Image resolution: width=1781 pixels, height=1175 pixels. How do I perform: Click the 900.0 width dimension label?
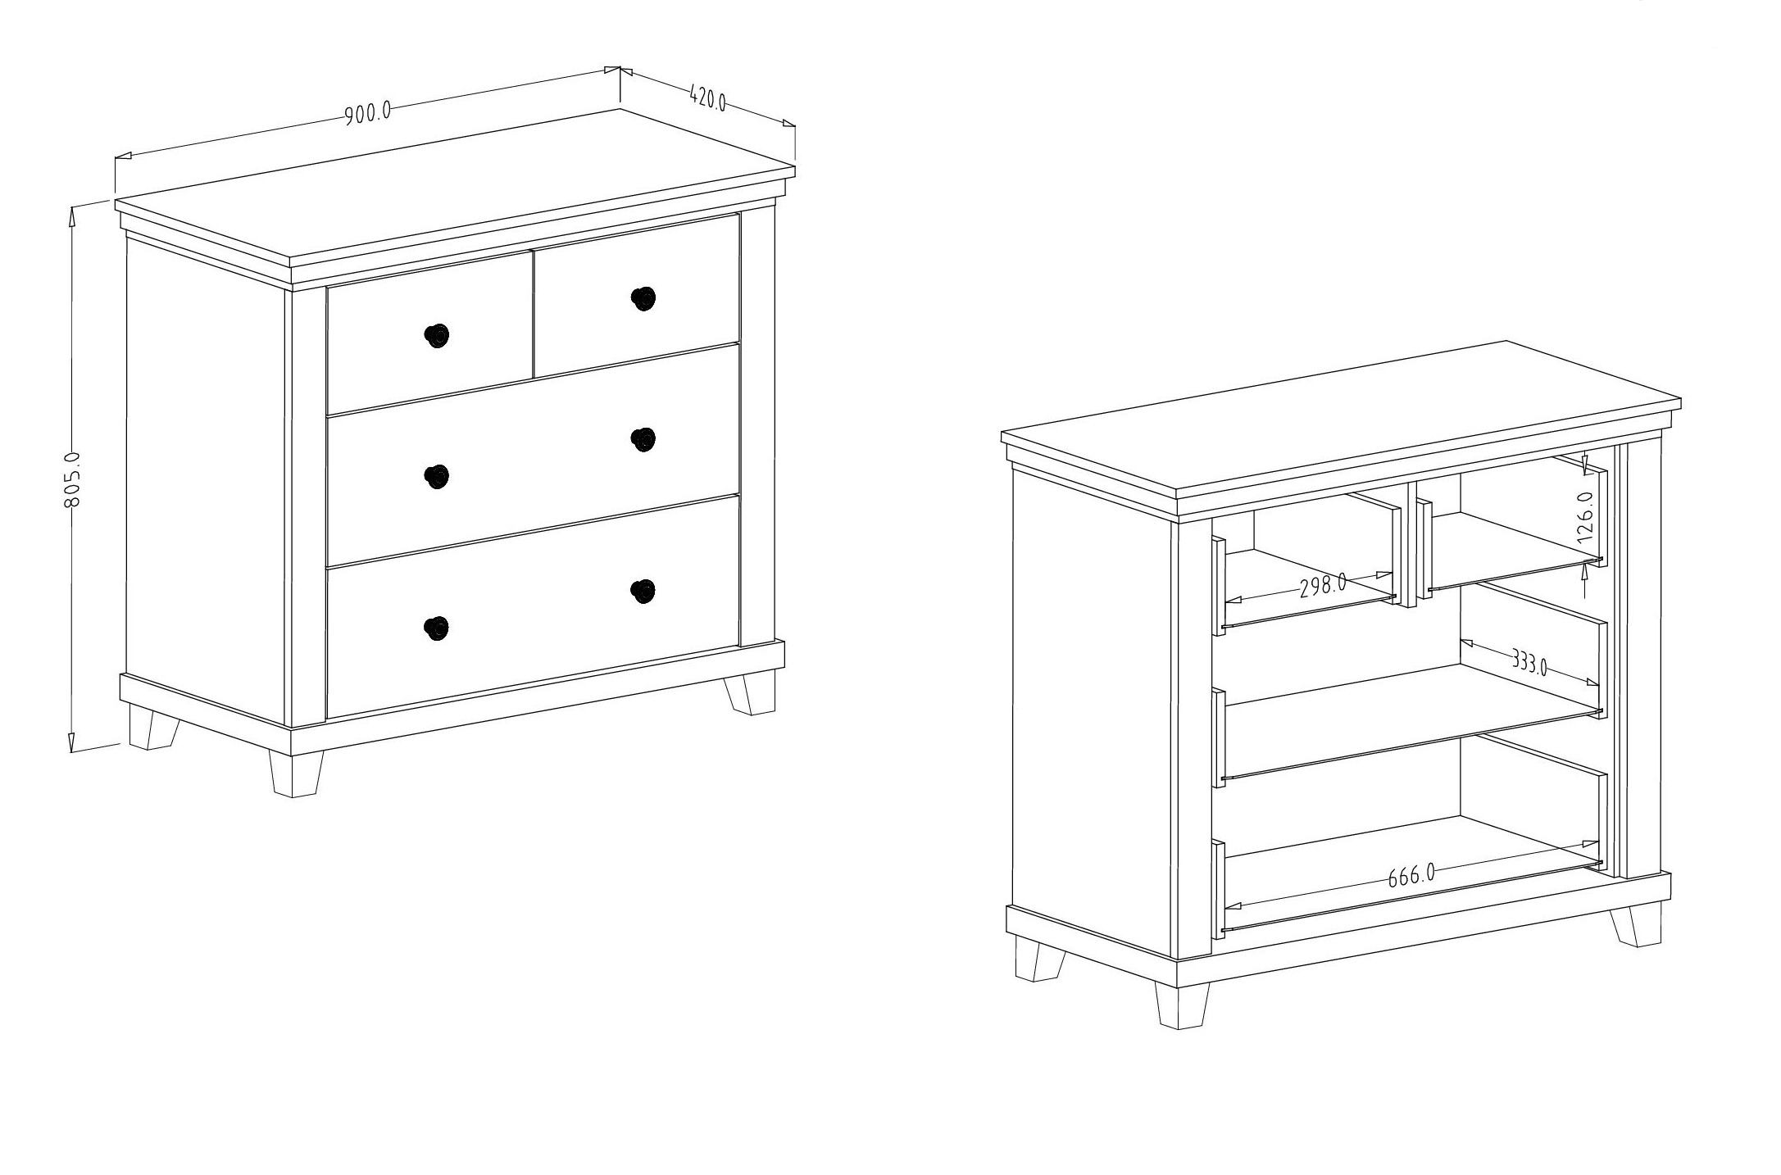(367, 113)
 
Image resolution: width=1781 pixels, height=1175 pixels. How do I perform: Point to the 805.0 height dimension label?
(71, 479)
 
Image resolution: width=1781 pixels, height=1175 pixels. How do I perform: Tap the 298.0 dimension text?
(1323, 586)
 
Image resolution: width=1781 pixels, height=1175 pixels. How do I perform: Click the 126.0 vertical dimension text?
(1585, 517)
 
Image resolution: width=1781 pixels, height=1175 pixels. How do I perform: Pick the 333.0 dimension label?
(1529, 662)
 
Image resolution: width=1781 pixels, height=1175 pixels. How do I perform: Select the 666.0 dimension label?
(1411, 877)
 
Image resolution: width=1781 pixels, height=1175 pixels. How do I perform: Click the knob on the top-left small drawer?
(437, 335)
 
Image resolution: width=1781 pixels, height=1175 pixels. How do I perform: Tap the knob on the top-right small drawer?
(643, 299)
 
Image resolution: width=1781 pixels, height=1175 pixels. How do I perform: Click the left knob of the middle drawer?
(437, 476)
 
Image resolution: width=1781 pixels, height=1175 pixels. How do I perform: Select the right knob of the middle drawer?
(643, 439)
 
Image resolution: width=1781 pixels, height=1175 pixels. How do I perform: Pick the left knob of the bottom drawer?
(437, 628)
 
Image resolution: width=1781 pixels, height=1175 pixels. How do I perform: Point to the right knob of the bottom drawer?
(643, 591)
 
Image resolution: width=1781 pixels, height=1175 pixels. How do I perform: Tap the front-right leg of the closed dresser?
(750, 693)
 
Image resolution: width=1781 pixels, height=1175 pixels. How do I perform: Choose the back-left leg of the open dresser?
(1040, 959)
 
